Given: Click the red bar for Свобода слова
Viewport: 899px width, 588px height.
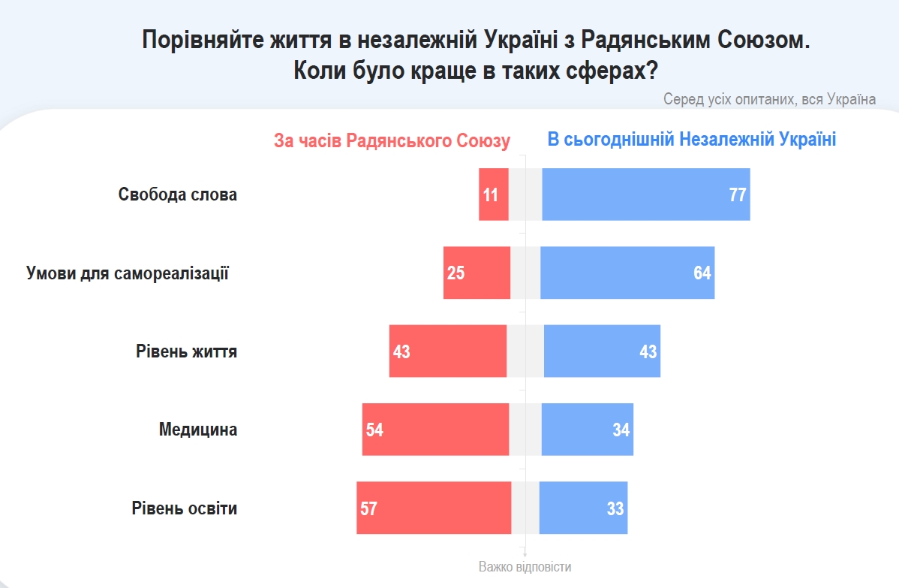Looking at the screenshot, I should [494, 194].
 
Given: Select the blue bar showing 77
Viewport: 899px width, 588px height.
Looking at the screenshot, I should [645, 194].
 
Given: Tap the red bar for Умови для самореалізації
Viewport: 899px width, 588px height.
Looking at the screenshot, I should [477, 273].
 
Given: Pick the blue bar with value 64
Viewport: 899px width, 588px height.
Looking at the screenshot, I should [627, 273].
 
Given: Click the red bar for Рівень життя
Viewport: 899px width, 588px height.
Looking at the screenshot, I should [448, 351].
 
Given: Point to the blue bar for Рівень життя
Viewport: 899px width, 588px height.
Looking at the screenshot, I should [602, 351].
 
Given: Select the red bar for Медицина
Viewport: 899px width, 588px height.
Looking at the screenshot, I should [435, 430].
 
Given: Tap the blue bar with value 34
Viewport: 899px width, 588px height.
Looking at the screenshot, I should [587, 430].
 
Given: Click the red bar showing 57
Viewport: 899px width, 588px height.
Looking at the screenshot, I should [434, 508].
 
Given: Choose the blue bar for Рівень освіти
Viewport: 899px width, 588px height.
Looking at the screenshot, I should [583, 508].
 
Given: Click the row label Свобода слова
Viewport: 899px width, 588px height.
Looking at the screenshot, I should [178, 194].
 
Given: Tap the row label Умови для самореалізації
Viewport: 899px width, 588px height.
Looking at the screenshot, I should [128, 273].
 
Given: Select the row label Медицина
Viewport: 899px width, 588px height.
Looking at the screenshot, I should [198, 430].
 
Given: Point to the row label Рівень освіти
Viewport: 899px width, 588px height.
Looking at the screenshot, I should [185, 508].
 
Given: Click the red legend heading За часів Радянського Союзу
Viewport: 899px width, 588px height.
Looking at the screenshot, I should [392, 141].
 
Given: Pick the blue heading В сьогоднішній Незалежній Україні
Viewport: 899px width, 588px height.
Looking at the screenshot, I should [691, 140].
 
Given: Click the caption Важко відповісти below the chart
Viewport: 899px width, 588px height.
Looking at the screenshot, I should [525, 567].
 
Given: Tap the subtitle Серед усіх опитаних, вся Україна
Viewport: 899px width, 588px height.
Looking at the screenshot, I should [769, 99].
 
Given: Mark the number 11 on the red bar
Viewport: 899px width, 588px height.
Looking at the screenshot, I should [490, 195].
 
